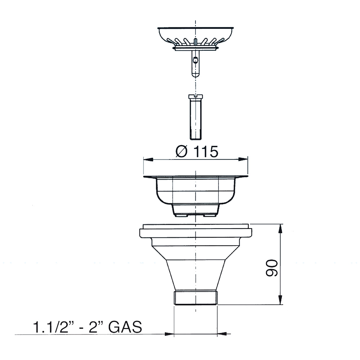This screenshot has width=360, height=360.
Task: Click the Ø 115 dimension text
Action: pyautogui.click(x=197, y=152)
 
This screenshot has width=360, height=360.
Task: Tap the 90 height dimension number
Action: pyautogui.click(x=271, y=268)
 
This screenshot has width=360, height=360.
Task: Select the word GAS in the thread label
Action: pyautogui.click(x=125, y=327)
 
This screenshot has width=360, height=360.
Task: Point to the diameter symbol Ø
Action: pyautogui.click(x=181, y=152)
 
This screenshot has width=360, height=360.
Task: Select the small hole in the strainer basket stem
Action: pyautogui.click(x=195, y=60)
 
